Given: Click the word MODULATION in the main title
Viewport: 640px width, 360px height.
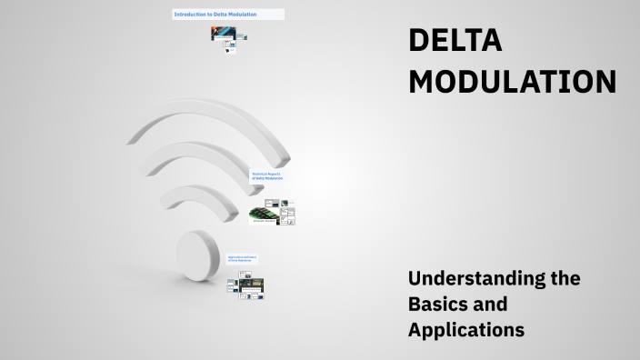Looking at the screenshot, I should pos(512,82).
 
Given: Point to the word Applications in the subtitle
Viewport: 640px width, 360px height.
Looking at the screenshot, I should pos(466,330).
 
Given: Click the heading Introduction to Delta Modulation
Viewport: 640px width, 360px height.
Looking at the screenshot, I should pos(215,15).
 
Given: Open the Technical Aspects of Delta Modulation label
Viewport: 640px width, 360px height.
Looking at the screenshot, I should pos(267,175).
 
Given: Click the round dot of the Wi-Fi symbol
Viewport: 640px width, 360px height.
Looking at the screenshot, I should pos(198,257).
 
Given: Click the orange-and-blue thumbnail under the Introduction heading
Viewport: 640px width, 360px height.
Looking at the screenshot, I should pos(223,35).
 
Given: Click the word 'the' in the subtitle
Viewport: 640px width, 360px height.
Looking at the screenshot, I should pos(565,277).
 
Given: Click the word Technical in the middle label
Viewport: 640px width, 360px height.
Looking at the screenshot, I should pos(261,173).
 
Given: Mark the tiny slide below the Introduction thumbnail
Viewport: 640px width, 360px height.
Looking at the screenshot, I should pos(230,49).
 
